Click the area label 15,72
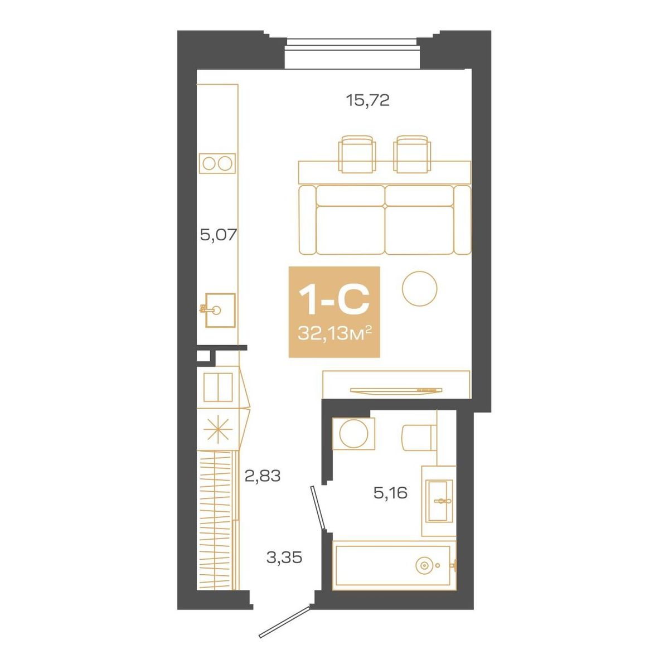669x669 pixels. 367,101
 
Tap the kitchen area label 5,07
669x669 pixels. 219,235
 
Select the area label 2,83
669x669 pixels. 262,476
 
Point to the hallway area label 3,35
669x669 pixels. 284,557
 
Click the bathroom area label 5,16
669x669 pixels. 391,493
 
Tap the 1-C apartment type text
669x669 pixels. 334,300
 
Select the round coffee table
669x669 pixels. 419,288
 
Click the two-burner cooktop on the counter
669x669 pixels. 217,163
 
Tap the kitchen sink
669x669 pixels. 220,309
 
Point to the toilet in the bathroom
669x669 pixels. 419,436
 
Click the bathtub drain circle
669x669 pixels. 425,565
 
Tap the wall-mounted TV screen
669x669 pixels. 396,390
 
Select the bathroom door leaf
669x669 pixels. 318,507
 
